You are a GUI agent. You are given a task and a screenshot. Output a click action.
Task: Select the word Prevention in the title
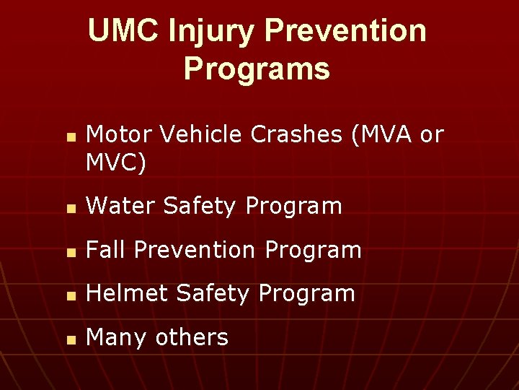[345, 31]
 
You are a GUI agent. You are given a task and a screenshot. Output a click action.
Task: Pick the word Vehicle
[192, 134]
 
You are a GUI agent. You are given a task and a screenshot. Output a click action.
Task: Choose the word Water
[120, 207]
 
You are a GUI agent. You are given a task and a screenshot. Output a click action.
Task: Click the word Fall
[106, 250]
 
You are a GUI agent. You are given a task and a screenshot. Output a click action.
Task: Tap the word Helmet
[127, 293]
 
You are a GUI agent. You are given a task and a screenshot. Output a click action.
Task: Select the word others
[191, 337]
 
